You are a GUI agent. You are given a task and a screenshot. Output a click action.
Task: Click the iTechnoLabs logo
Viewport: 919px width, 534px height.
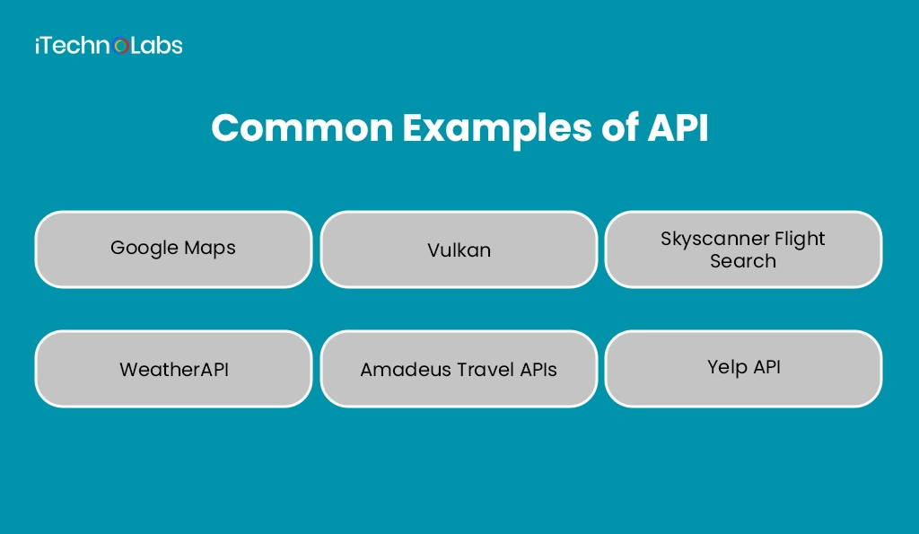[x=109, y=46]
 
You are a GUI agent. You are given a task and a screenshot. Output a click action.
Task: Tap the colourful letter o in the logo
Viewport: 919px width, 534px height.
[x=123, y=47]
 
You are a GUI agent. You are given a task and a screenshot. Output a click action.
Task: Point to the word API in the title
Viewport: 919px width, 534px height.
[x=678, y=129]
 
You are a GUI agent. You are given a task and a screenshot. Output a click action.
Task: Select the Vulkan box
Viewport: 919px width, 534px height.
[x=459, y=249]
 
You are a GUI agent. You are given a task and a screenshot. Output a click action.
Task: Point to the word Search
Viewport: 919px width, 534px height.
[x=743, y=261]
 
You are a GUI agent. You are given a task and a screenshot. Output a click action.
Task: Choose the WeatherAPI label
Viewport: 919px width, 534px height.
[x=174, y=369]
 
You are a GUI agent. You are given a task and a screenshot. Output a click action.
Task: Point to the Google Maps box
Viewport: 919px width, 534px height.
[x=173, y=249]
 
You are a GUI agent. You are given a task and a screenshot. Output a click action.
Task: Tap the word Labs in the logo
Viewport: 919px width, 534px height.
[x=158, y=46]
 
